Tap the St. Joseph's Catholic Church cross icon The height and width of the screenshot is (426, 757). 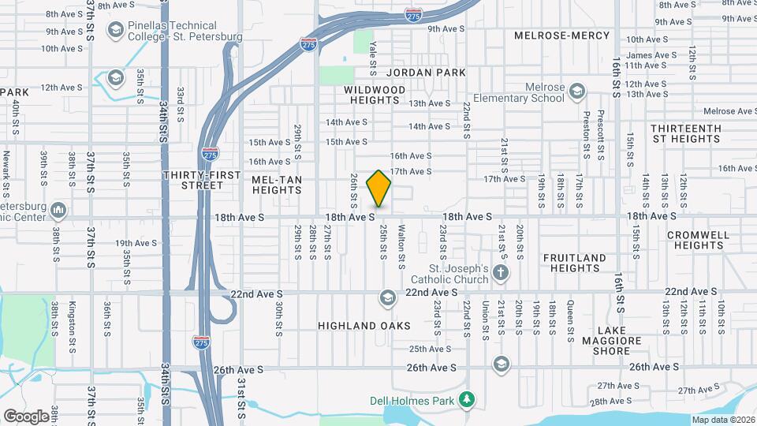(x=501, y=273)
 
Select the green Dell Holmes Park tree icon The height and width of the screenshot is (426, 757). (x=467, y=400)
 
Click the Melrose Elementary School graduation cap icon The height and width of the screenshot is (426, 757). (x=577, y=92)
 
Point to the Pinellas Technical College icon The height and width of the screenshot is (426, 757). (x=116, y=31)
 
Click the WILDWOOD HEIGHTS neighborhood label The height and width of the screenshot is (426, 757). (x=375, y=95)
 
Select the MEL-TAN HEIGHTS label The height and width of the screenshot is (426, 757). (x=277, y=185)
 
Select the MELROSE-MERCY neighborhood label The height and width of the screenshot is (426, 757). (x=561, y=35)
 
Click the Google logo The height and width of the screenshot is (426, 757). (x=26, y=416)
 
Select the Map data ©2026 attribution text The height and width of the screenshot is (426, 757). (x=723, y=420)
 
